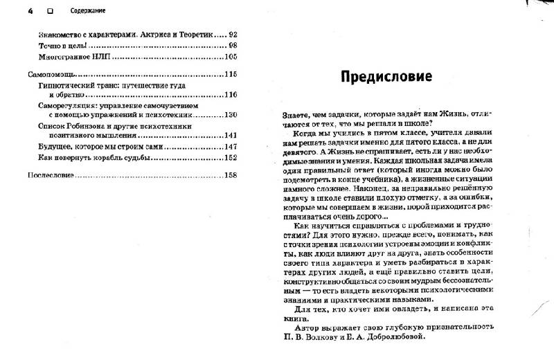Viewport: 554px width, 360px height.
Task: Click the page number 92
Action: point(232,34)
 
